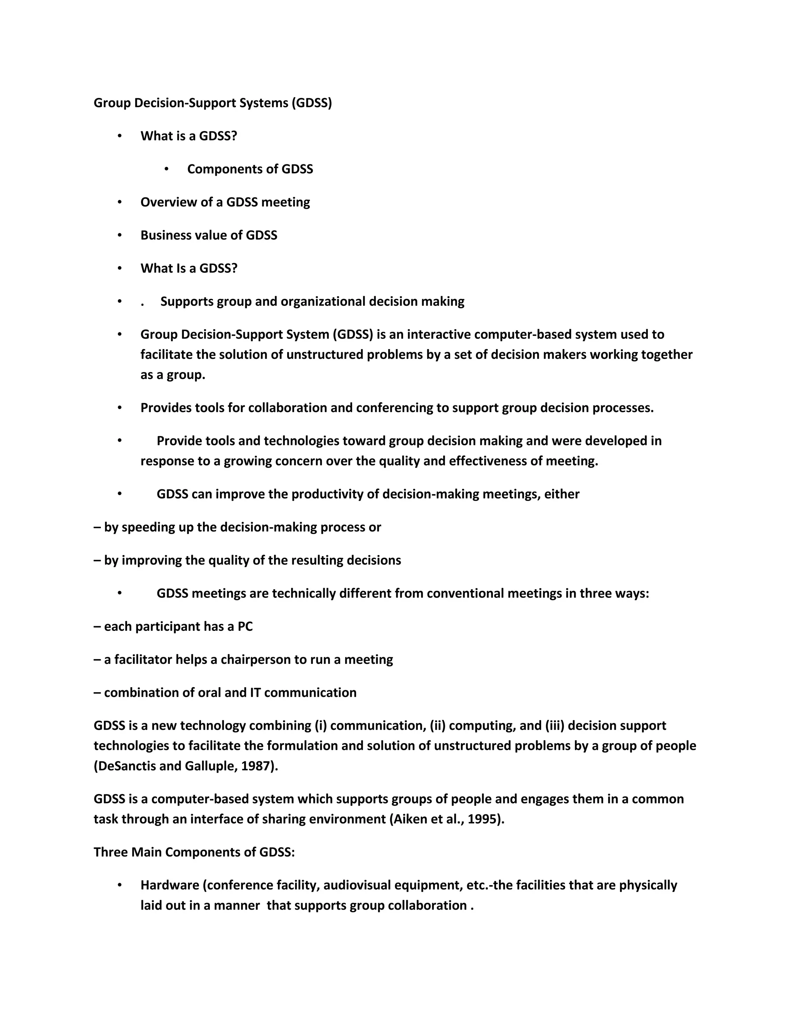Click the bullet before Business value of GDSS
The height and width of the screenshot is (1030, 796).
(120, 235)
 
